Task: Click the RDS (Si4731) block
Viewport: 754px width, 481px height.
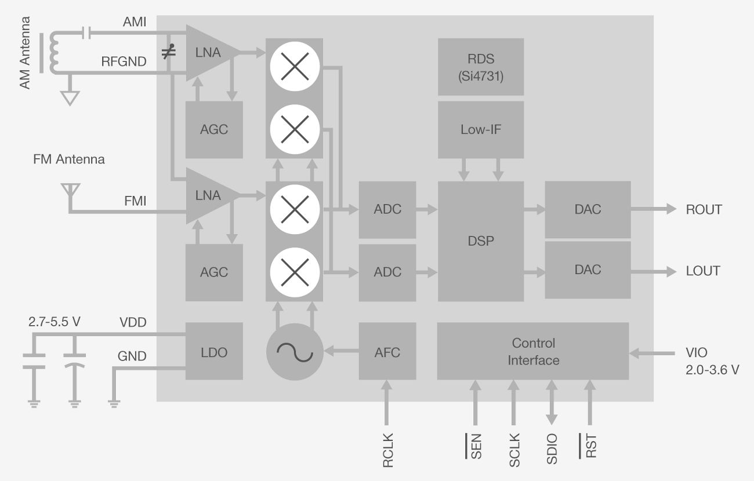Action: pyautogui.click(x=480, y=67)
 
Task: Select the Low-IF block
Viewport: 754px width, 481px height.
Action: pyautogui.click(x=480, y=129)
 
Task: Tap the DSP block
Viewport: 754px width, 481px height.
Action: pyautogui.click(x=480, y=241)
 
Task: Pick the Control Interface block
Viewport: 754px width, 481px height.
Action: pyautogui.click(x=533, y=351)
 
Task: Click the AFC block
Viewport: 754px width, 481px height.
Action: pyautogui.click(x=387, y=351)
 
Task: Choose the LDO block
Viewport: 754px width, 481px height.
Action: pyautogui.click(x=213, y=351)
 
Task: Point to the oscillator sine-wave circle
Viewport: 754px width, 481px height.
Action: pyautogui.click(x=294, y=351)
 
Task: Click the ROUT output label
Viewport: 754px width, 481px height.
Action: pyautogui.click(x=704, y=210)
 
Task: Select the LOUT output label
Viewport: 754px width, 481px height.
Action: pyautogui.click(x=702, y=271)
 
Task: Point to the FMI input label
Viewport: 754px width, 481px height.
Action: pyautogui.click(x=135, y=201)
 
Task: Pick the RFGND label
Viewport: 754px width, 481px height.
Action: pyautogui.click(x=124, y=61)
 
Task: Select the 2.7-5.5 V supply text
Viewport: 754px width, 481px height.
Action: pyautogui.click(x=54, y=322)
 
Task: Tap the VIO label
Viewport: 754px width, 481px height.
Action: pyautogui.click(x=696, y=352)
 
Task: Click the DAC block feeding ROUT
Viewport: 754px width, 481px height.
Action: pyautogui.click(x=588, y=210)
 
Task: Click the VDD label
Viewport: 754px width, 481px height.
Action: pyautogui.click(x=133, y=322)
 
